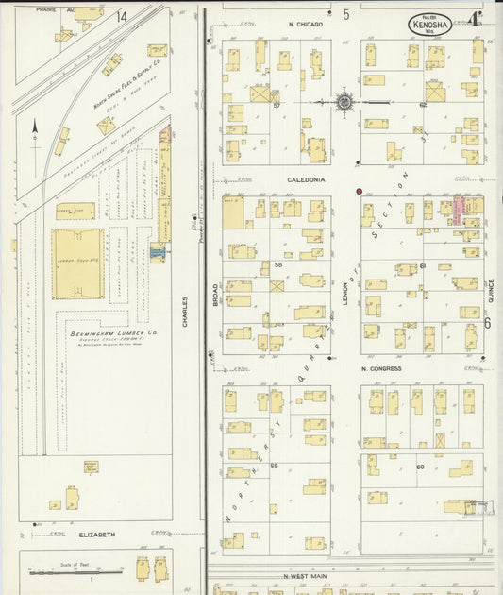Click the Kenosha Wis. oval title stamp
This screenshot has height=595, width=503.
tap(429, 25)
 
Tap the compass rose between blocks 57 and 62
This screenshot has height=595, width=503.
tap(344, 102)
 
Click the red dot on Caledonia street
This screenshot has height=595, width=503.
tap(359, 191)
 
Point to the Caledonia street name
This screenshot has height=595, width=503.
tap(307, 178)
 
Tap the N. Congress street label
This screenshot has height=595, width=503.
tap(381, 368)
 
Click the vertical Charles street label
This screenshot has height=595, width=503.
tap(185, 313)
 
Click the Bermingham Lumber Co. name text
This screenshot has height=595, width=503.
tap(105, 333)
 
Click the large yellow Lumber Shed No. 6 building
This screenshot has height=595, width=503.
tap(77, 263)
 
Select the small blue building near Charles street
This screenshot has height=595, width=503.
tap(158, 252)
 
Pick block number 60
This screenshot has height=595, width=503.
tap(420, 467)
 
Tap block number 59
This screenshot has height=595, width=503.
tap(274, 467)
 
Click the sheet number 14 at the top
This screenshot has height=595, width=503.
tap(121, 17)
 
